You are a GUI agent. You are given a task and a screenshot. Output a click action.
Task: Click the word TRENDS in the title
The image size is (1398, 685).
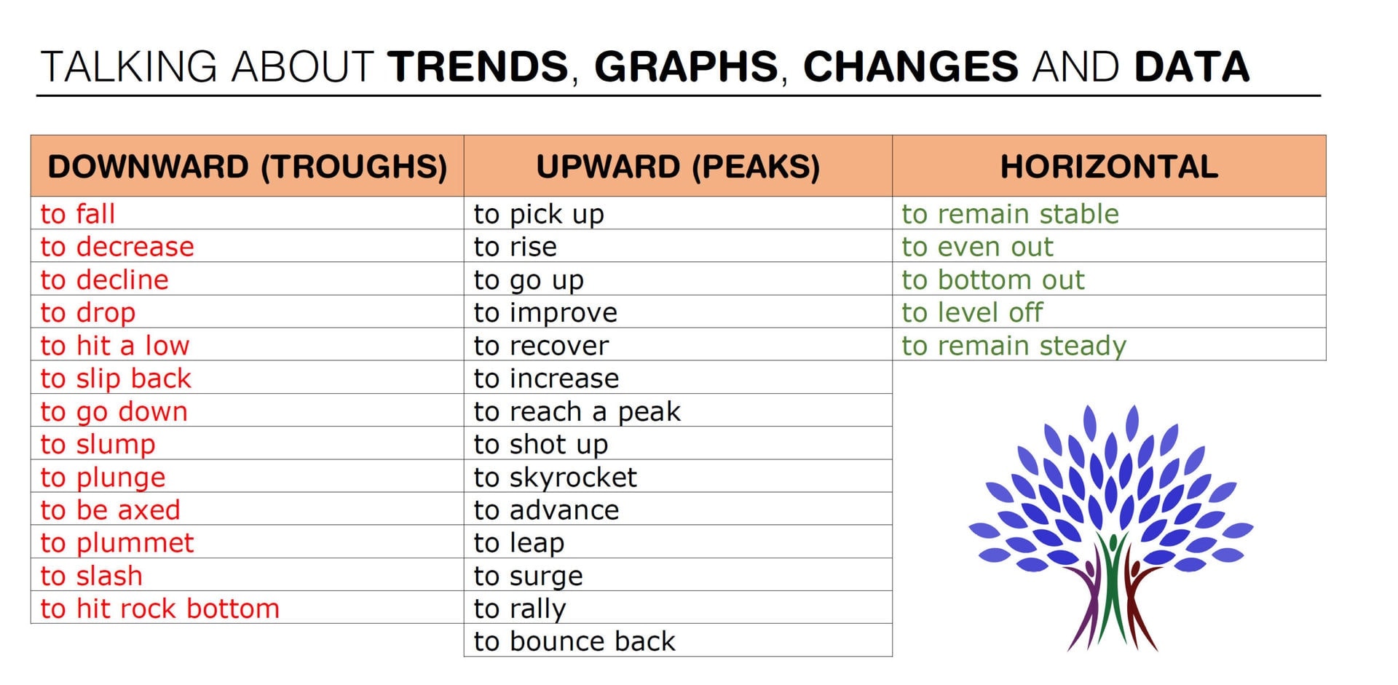tap(478, 67)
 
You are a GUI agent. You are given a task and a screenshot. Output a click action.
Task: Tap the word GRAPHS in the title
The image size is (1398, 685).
tap(686, 67)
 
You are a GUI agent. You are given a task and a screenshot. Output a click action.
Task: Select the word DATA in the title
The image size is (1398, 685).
tap(1192, 67)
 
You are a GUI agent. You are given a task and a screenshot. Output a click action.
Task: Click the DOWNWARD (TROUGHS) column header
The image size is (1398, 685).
tap(248, 167)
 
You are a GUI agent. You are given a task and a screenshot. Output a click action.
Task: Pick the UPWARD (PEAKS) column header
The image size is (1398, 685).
tap(678, 167)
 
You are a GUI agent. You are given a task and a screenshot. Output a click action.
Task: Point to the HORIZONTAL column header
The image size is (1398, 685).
tap(1109, 167)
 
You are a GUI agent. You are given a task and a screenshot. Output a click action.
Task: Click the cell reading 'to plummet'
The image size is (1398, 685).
tap(117, 543)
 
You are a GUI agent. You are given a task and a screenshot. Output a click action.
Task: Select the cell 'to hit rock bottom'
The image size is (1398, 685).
tap(160, 609)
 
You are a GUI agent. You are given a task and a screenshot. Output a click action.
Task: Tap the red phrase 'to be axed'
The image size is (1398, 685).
tap(111, 510)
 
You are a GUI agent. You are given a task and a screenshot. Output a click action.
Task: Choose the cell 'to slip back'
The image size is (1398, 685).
tap(116, 379)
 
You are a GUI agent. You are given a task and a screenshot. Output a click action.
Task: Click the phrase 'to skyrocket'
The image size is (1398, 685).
tap(555, 478)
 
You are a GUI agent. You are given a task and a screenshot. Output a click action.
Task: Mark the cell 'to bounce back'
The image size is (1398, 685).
tap(574, 641)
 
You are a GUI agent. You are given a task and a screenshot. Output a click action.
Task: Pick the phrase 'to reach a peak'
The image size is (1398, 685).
tap(577, 412)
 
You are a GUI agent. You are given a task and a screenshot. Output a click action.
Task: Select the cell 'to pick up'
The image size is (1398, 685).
tap(539, 215)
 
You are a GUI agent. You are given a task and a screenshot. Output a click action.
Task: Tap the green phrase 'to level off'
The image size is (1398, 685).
tap(972, 313)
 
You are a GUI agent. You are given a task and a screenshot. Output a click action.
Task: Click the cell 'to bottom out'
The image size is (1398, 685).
tap(993, 280)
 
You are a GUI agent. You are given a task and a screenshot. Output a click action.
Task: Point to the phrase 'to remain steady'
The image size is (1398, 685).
tap(1014, 346)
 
